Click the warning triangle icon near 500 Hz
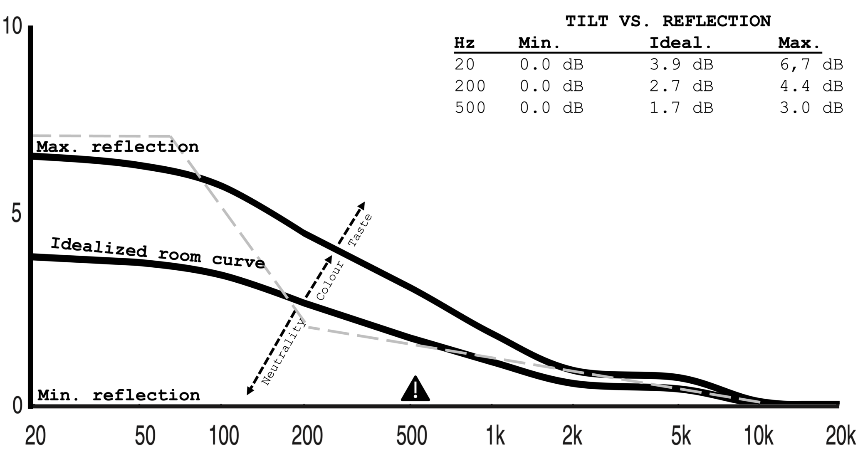[415, 390]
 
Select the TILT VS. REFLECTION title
[668, 21]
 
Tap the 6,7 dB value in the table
[811, 64]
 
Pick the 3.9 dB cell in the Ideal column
[681, 64]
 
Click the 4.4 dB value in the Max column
[811, 86]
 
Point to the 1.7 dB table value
[681, 108]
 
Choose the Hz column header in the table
[464, 43]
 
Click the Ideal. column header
[681, 43]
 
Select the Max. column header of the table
[799, 43]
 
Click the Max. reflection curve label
[118, 147]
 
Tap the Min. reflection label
[119, 395]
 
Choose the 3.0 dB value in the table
[811, 108]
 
